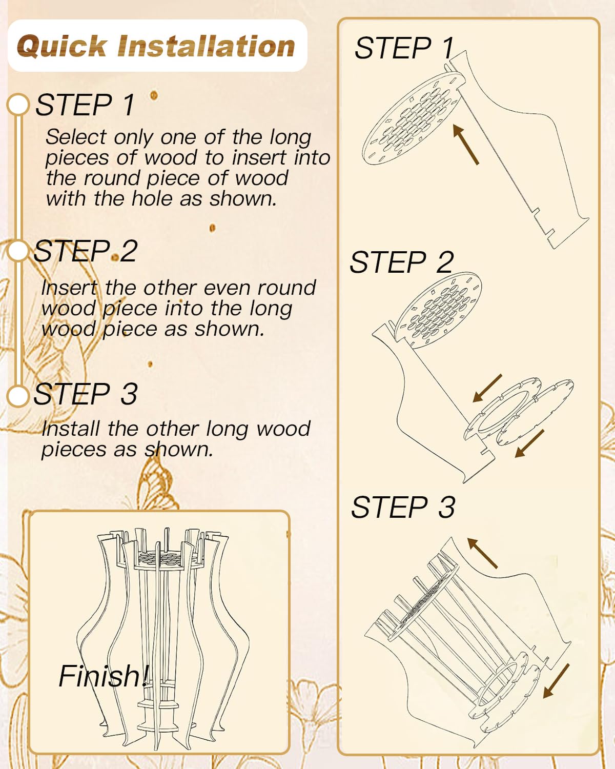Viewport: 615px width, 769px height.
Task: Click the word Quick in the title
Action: pos(62,46)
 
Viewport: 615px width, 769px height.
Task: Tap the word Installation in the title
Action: pos(206,46)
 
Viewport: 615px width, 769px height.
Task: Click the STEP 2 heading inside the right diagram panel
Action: pos(402,262)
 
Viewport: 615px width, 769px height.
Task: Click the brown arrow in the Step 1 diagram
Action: pos(466,145)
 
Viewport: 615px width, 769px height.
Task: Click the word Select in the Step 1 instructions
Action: pos(76,137)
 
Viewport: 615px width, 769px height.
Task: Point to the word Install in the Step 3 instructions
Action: pos(70,428)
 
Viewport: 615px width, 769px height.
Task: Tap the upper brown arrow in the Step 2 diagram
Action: pos(487,388)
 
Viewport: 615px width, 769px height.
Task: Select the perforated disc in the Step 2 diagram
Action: pos(439,311)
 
